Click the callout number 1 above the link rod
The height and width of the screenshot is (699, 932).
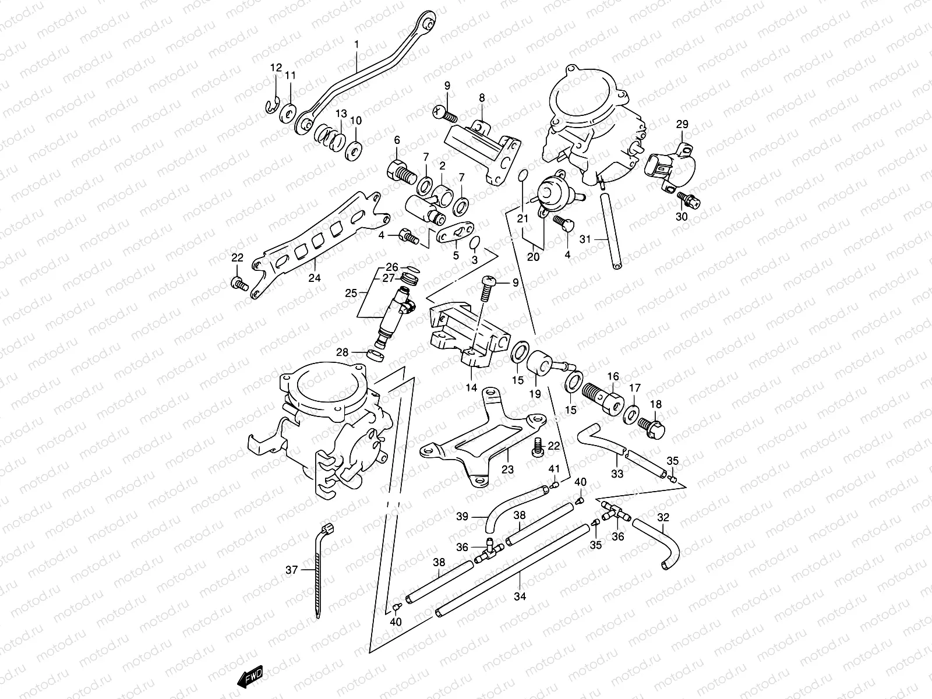click(x=358, y=44)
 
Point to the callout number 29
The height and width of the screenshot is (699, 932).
click(x=682, y=124)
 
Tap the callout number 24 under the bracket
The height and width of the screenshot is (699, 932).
click(x=315, y=278)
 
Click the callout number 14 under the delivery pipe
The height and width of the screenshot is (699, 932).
click(x=471, y=387)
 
